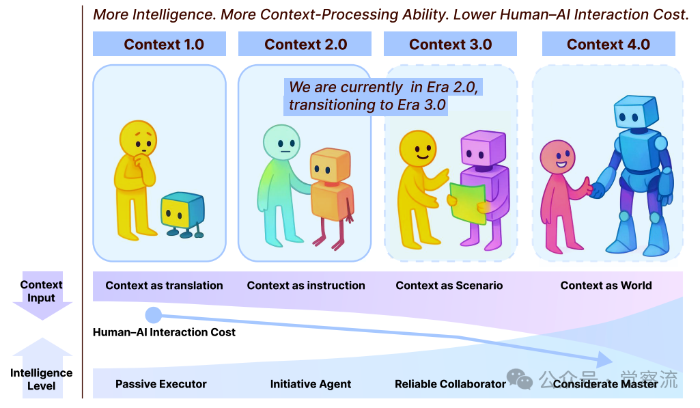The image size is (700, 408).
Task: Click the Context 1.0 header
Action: pos(164,44)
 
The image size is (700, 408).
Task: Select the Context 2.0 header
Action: pos(305,44)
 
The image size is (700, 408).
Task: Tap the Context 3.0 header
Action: pos(450,44)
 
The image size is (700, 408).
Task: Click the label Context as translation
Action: pos(164,286)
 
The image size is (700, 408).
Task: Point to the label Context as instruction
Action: pos(306,286)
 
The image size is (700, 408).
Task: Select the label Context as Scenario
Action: pos(449,286)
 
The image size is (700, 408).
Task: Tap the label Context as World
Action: pos(606,286)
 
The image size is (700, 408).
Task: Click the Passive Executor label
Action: pos(161,384)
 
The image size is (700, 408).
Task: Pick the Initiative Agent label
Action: pos(311,384)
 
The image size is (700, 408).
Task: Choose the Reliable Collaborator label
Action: pos(450,384)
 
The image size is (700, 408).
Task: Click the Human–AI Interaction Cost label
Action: pos(164,332)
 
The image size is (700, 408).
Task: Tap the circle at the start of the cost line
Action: pos(153,315)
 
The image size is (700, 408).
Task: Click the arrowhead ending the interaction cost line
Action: pos(604,359)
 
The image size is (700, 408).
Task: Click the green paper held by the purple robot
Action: pos(468,202)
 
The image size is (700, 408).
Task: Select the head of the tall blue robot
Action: pos(636,113)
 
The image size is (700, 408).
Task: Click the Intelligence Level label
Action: pos(41,379)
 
